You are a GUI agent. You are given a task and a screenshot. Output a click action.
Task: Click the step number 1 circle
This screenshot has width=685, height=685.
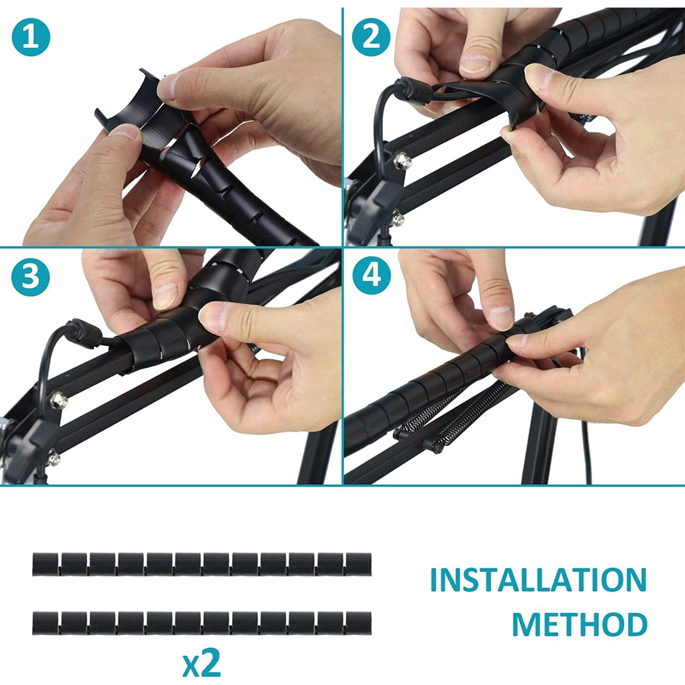coord(31,37)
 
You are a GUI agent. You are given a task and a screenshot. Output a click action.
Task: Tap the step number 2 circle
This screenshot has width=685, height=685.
coord(371,37)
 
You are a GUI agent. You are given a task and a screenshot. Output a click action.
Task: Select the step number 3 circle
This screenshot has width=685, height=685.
coord(31,277)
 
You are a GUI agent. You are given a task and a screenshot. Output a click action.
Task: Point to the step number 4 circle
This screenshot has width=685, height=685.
coord(371,277)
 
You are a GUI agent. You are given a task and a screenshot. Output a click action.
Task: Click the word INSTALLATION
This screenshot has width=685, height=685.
coord(538,580)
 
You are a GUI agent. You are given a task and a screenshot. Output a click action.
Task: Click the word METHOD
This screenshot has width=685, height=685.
coord(580,624)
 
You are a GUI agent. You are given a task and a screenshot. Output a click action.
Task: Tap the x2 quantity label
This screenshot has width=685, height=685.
coord(201,664)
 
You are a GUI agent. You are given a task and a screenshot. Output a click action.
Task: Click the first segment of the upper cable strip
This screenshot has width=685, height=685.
coord(45,564)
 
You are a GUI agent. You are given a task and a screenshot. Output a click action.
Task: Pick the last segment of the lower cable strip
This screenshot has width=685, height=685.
coord(359,623)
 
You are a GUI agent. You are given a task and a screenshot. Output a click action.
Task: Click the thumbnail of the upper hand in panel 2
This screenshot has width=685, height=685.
coord(476,64)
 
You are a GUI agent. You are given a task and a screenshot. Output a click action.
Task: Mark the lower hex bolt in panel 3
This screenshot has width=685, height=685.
coord(53,458)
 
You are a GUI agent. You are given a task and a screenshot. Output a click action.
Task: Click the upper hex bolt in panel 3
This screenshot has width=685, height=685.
coord(58,401)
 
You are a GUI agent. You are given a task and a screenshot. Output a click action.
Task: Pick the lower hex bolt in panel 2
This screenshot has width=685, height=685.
coord(397,219)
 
